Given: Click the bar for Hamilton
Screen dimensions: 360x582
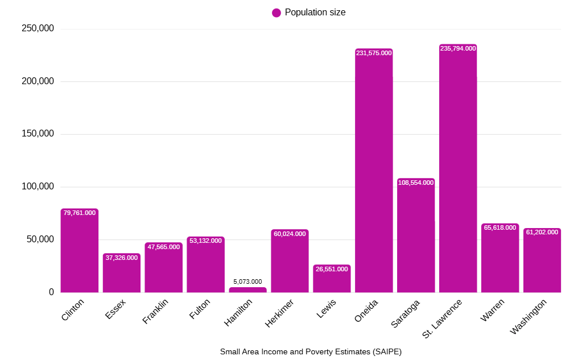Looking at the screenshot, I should pyautogui.click(x=247, y=290).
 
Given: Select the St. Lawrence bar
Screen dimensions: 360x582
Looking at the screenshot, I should pyautogui.click(x=458, y=171).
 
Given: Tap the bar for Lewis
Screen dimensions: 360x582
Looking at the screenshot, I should pyautogui.click(x=332, y=280).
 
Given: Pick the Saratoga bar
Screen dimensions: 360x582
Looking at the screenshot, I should pyautogui.click(x=416, y=239).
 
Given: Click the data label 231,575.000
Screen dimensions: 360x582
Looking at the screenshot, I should pyautogui.click(x=374, y=53).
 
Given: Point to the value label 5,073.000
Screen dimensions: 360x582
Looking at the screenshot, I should pyautogui.click(x=247, y=282).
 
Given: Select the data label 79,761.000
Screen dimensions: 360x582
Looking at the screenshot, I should pyautogui.click(x=80, y=213).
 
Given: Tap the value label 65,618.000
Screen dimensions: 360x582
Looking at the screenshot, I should pyautogui.click(x=500, y=227).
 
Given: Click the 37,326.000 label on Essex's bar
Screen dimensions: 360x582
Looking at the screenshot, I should pyautogui.click(x=122, y=258).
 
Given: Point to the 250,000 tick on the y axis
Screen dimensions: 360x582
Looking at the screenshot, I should pyautogui.click(x=38, y=29).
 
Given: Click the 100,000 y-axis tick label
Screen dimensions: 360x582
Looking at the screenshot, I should pyautogui.click(x=38, y=187).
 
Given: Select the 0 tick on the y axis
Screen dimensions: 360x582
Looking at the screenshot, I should pyautogui.click(x=51, y=292).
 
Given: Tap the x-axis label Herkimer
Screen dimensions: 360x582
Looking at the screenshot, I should pyautogui.click(x=280, y=313).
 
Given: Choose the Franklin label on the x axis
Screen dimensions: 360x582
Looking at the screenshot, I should pyautogui.click(x=155, y=312).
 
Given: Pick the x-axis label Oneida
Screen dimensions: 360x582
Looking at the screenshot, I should pyautogui.click(x=366, y=311).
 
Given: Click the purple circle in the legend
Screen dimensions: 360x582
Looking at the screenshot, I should pyautogui.click(x=276, y=13).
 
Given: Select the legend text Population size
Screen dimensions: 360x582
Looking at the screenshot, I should pyautogui.click(x=315, y=13).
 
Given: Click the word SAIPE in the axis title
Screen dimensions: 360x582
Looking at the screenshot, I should pyautogui.click(x=386, y=351).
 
